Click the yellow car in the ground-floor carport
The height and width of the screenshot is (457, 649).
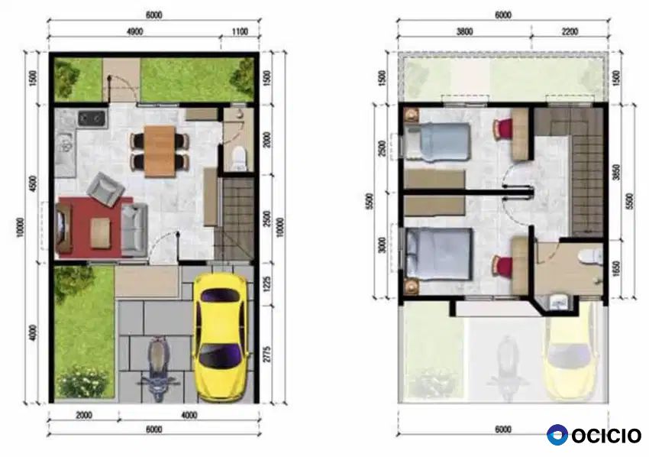point(221,337)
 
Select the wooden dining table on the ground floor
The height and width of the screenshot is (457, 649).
point(160,151)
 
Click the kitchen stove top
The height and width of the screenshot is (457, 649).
point(92,118)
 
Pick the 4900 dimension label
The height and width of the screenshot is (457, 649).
point(135,32)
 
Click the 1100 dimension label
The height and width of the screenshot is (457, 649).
point(240,32)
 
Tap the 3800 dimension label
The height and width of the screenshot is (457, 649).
point(464,32)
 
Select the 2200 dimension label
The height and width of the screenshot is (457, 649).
point(570,32)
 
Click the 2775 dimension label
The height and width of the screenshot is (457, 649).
point(267,355)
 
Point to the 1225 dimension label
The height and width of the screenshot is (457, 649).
point(267,284)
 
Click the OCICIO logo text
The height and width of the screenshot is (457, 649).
point(606,436)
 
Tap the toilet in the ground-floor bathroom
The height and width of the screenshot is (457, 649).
point(239,157)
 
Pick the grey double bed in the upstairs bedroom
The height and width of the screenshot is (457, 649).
point(439,254)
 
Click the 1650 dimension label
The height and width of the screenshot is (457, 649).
point(616,268)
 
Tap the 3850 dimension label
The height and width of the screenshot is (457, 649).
point(616,173)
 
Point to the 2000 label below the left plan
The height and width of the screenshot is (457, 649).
point(84,415)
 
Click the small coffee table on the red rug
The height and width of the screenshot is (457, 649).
point(101,233)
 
